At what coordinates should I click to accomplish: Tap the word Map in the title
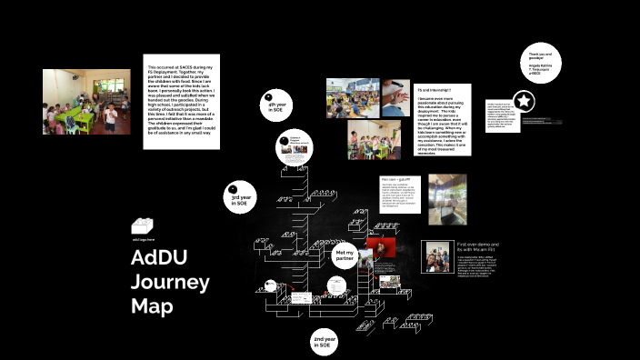152,306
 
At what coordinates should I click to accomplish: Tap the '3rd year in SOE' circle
240,197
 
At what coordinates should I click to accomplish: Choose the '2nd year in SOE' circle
324,341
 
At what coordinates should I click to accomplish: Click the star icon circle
524,101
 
